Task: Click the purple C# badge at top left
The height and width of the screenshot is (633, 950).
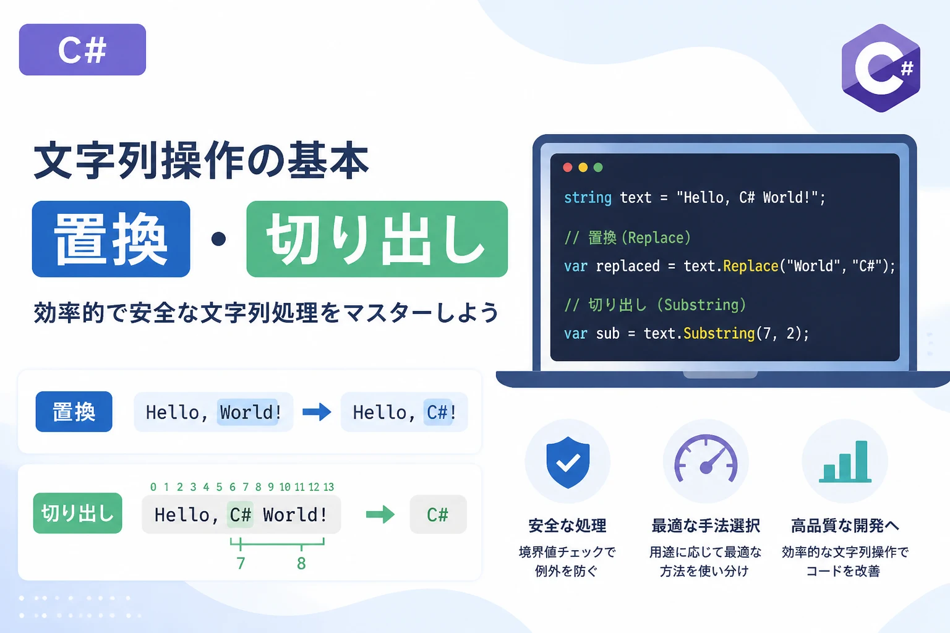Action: [82, 49]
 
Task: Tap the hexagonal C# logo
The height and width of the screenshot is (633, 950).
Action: [881, 68]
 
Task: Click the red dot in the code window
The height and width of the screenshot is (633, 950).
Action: [567, 168]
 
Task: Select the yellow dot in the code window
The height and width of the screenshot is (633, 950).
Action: [583, 168]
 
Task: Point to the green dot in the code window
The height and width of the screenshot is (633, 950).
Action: [598, 168]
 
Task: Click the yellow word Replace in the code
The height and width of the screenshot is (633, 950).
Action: [750, 266]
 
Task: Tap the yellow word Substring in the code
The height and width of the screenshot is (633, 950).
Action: [719, 333]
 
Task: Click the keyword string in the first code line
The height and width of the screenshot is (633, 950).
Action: [588, 198]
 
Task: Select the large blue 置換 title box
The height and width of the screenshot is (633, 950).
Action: [111, 239]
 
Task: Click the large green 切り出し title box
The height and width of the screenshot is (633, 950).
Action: [377, 239]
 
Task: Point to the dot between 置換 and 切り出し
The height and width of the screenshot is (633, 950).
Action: [218, 239]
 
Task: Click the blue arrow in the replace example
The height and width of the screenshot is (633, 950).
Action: [317, 412]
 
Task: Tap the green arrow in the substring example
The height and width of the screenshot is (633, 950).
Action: [380, 515]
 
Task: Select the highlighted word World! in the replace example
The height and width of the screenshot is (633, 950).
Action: [250, 412]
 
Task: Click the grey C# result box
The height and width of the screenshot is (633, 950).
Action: [438, 514]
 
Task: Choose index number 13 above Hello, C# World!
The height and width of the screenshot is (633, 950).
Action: [328, 486]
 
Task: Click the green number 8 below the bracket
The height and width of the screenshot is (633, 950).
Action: [301, 564]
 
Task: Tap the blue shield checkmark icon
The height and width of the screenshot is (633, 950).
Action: [568, 462]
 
